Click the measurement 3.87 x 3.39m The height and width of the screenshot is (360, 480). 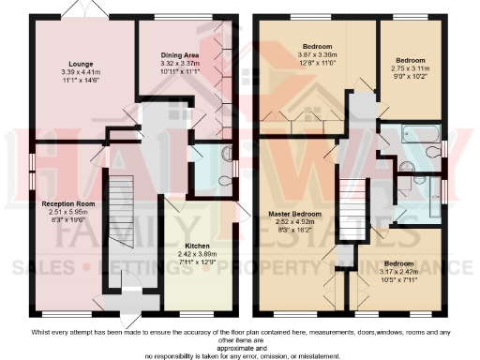(x=312, y=54)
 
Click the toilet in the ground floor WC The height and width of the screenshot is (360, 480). (x=220, y=178)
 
